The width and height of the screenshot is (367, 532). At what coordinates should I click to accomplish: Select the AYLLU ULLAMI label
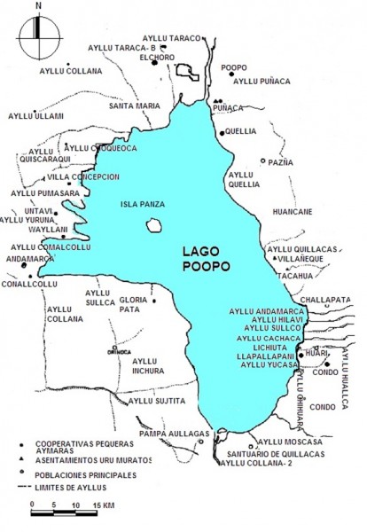coord(35,116)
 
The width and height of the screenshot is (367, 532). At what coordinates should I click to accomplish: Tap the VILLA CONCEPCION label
coord(90,176)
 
